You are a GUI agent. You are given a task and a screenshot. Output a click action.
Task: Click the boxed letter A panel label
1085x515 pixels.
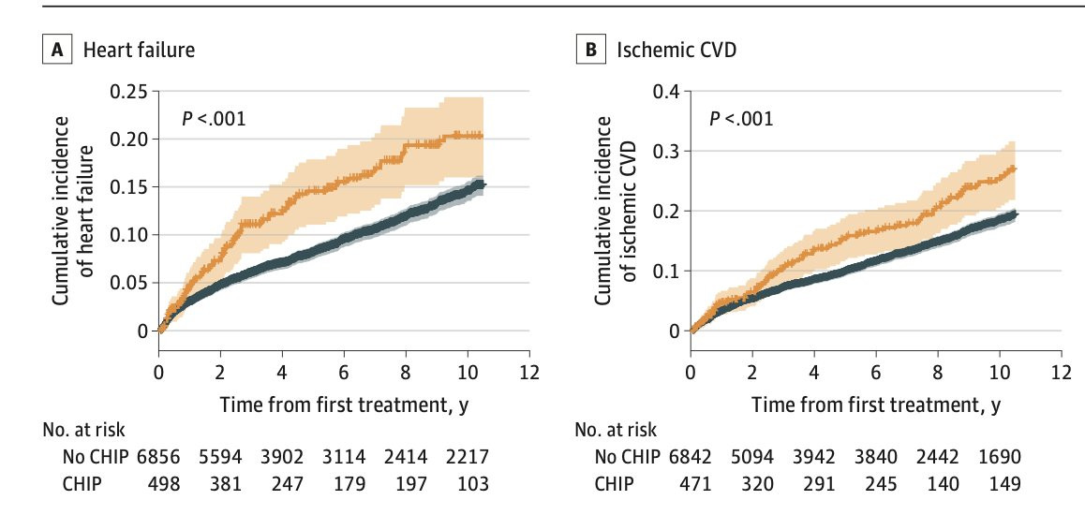pos(57,51)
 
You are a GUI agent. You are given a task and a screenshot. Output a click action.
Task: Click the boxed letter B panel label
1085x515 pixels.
pos(591,51)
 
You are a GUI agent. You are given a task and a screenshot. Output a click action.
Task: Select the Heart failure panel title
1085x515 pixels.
pos(139,51)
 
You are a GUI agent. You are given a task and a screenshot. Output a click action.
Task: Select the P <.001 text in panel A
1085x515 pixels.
pos(214,119)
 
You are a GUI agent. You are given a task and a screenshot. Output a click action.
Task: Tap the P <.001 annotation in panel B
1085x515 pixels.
pos(741,119)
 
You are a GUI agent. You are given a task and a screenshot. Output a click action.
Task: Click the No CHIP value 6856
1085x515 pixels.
pos(158,457)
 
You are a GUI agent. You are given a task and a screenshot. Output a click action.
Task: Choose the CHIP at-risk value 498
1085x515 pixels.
pos(164,483)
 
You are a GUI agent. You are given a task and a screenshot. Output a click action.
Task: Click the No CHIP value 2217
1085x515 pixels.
pos(468,457)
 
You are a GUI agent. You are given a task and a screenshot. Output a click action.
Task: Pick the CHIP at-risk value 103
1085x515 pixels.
pos(472,483)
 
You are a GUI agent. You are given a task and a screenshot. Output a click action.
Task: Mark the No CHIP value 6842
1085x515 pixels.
pos(690,457)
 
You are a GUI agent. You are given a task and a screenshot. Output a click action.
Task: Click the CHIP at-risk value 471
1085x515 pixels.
pos(695,483)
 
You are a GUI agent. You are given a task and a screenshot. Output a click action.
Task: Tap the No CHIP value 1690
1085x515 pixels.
pos(999,457)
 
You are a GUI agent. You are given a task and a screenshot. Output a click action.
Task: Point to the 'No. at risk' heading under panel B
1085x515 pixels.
pos(616,429)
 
